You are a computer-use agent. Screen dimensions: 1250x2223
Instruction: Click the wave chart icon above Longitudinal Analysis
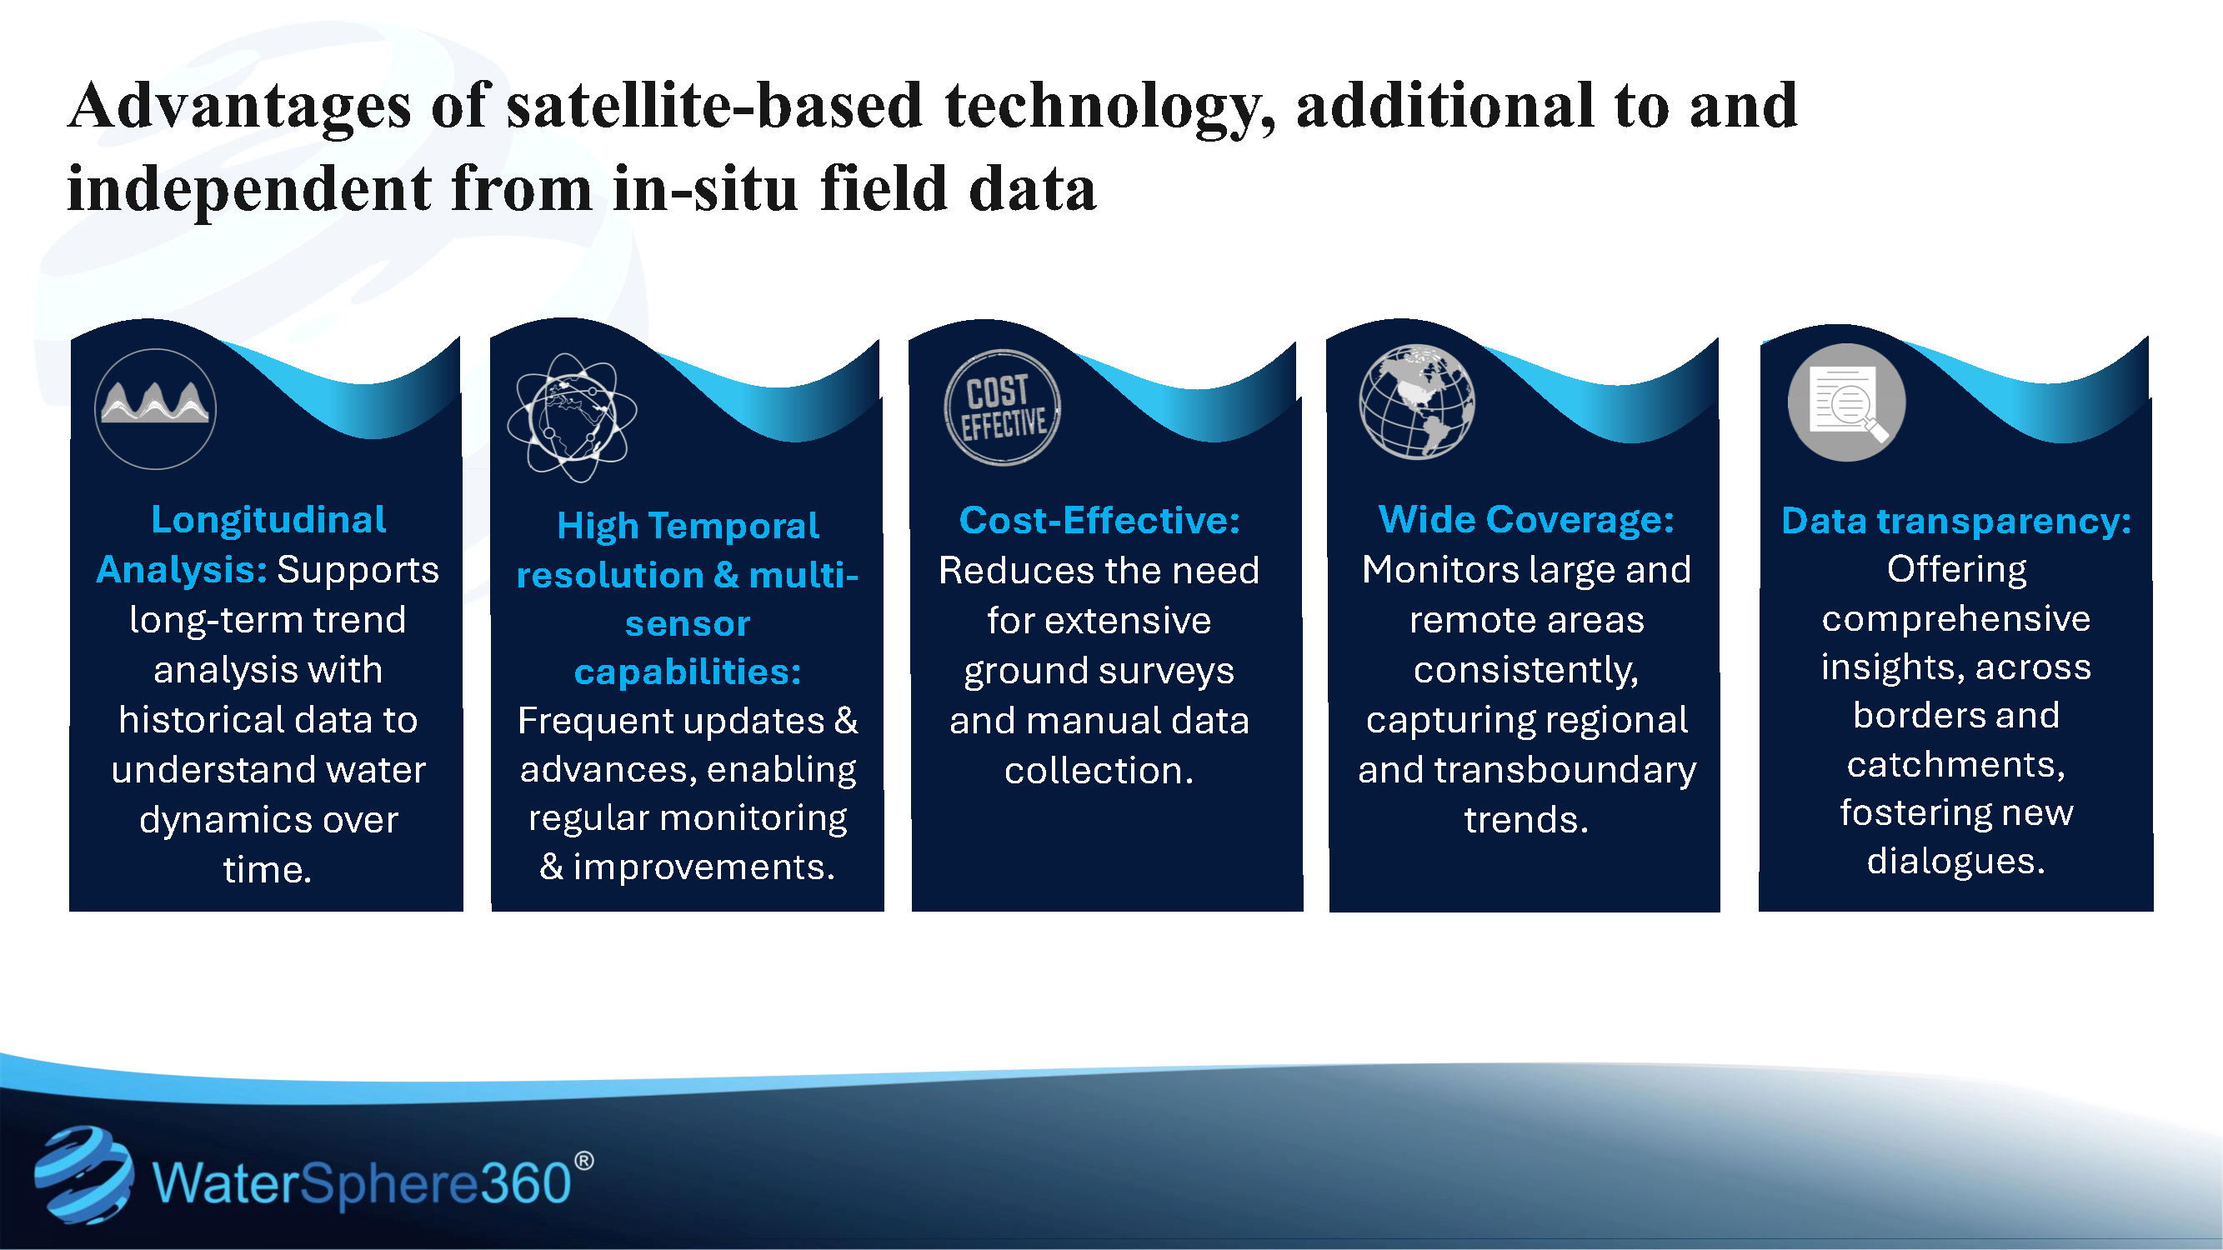[155, 408]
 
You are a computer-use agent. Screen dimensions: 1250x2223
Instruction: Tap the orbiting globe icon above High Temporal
[571, 417]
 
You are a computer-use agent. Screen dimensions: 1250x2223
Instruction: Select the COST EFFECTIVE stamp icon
[1001, 407]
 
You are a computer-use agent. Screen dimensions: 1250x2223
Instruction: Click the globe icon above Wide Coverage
[1416, 402]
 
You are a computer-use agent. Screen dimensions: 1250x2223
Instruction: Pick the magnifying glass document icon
[1846, 402]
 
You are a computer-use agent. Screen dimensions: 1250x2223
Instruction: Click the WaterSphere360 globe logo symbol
[83, 1174]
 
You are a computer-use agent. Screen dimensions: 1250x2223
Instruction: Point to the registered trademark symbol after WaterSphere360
[583, 1161]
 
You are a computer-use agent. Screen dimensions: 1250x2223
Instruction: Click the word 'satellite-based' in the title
[714, 106]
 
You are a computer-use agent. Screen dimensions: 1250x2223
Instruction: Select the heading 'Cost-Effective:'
[1099, 520]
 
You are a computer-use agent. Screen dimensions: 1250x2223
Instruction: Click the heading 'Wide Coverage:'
[1525, 519]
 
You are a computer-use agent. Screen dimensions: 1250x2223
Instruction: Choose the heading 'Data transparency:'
[1955, 521]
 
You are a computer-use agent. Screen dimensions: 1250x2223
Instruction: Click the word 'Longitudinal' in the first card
[268, 519]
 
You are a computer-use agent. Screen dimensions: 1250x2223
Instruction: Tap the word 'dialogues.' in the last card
[1955, 861]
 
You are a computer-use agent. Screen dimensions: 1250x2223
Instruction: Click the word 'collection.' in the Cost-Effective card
[1099, 770]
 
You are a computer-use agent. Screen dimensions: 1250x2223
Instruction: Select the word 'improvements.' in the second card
[703, 866]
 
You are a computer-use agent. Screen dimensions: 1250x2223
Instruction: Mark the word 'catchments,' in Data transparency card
[1955, 764]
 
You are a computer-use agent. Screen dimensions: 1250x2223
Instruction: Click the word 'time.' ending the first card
[268, 869]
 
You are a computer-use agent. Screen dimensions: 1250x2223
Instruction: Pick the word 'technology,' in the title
[1109, 106]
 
